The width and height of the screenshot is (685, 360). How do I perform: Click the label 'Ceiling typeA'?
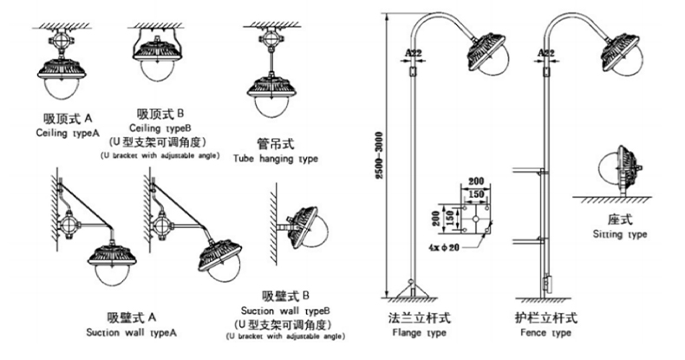point(66,134)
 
